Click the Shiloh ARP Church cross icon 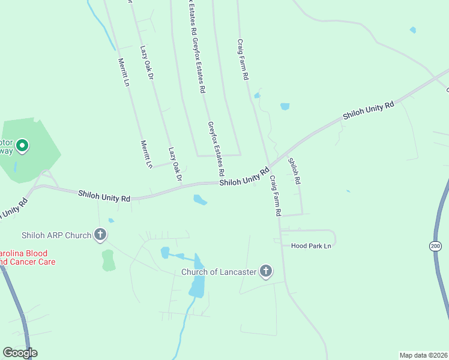click(x=100, y=235)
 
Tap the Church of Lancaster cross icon click(x=265, y=272)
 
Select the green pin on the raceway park click(x=22, y=146)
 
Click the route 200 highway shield click(x=435, y=246)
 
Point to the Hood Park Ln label click(x=311, y=246)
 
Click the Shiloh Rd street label click(x=294, y=171)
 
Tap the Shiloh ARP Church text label click(x=56, y=235)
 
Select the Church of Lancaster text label click(x=219, y=272)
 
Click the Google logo click(x=19, y=353)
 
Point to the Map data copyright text click(x=423, y=355)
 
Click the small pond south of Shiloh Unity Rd click(x=200, y=200)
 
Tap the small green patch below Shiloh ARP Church click(x=108, y=260)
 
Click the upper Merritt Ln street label click(x=124, y=72)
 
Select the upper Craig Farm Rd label click(x=243, y=60)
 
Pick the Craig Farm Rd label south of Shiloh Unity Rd click(x=275, y=196)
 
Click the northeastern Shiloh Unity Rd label click(x=368, y=110)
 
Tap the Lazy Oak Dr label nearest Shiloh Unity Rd click(x=175, y=164)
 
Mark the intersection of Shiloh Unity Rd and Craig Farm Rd click(x=267, y=167)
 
